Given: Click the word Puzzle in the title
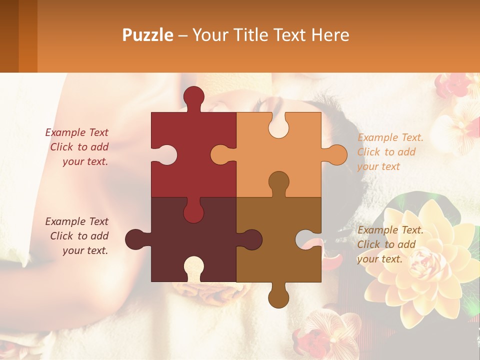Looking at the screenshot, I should [148, 35].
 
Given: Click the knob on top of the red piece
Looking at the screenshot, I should [193, 96].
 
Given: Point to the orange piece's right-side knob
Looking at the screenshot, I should [336, 155].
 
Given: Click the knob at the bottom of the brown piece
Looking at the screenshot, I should [278, 298].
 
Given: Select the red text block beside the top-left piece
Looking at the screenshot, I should [77, 147].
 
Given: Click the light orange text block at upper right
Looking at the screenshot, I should [390, 152].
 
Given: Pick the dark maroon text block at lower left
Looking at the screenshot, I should [77, 236].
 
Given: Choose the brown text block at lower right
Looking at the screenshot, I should [390, 244].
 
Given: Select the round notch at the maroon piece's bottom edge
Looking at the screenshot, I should [193, 267].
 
